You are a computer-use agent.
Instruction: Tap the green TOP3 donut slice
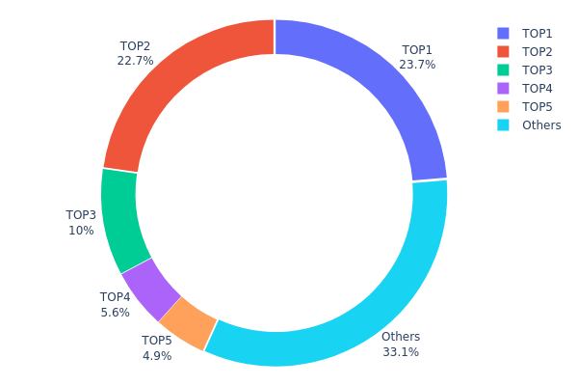[121, 220]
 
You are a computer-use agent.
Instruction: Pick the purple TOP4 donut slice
[150, 289]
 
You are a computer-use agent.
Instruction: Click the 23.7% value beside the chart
[417, 65]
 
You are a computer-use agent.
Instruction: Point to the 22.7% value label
[135, 61]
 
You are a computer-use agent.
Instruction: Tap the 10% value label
[81, 230]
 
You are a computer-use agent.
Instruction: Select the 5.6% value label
[115, 312]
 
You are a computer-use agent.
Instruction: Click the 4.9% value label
[157, 355]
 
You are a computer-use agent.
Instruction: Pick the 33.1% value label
[401, 352]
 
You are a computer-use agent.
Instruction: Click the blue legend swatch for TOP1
[502, 33]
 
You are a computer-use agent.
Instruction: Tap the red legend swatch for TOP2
[502, 51]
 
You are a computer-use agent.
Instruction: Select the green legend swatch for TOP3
[502, 69]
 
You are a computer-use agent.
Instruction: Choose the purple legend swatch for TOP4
[502, 88]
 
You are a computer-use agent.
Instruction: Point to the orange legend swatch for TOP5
[502, 106]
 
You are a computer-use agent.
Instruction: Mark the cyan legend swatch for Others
[502, 124]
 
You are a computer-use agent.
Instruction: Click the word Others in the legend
[541, 124]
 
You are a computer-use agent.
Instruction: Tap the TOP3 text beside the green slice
[81, 214]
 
